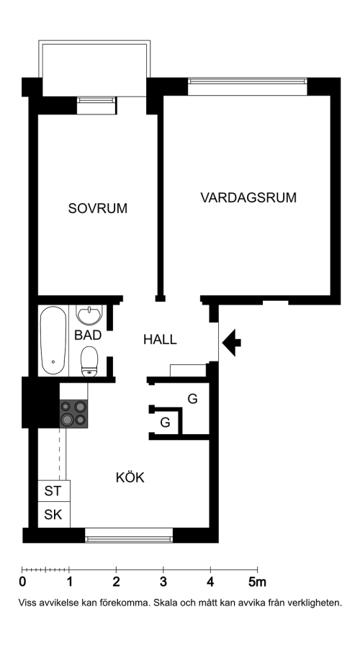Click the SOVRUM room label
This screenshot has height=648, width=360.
97,208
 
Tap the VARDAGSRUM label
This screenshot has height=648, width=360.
248,197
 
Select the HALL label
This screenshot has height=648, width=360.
160,340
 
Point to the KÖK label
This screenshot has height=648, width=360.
130,478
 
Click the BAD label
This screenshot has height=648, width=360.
88,335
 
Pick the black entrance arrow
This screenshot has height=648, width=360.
231,343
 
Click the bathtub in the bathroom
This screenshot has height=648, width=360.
53,341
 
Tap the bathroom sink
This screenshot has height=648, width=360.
89,315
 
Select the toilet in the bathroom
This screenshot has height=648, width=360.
89,361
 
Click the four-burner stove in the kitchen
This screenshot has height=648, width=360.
73,414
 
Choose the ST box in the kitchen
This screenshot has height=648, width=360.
54,491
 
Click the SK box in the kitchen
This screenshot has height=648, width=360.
54,515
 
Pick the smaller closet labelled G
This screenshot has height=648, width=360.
166,423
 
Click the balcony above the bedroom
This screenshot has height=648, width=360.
94,68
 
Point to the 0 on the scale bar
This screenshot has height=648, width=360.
22,582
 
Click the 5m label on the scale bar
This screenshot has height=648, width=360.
257,582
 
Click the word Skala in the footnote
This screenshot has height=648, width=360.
166,603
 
